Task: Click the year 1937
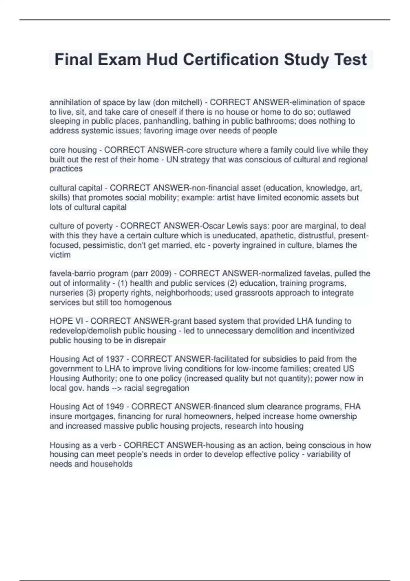[x=115, y=359]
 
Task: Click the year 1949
[x=115, y=407]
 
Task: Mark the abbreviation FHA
[x=352, y=407]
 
